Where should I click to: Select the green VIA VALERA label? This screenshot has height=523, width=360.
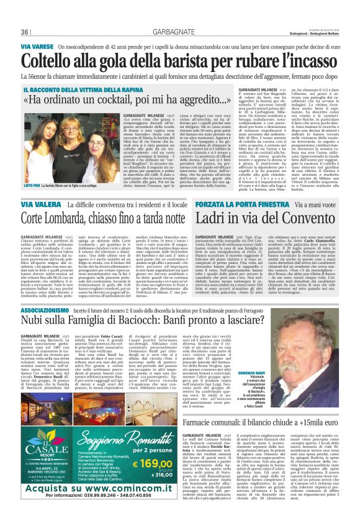pyautogui.click(x=38, y=204)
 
